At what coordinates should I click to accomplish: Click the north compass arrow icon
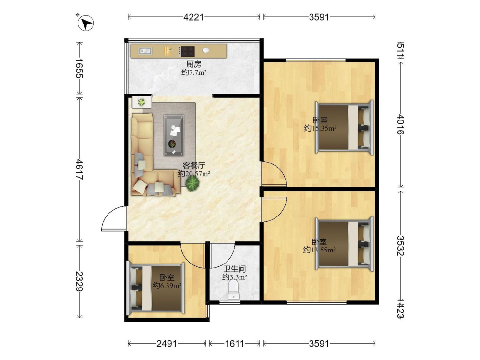click(x=85, y=23)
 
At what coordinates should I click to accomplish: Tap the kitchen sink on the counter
click(x=145, y=51)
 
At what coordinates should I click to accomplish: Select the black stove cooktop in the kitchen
click(x=187, y=51)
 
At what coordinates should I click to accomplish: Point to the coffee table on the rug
click(x=174, y=135)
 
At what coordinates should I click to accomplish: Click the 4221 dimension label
click(x=193, y=17)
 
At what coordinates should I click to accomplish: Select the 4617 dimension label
click(x=79, y=169)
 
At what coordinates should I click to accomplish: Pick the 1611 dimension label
click(x=235, y=344)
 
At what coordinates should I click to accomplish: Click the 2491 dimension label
click(x=167, y=344)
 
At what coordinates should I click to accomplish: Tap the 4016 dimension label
click(x=400, y=124)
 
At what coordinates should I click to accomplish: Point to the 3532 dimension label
click(x=400, y=245)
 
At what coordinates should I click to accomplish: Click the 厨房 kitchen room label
click(x=194, y=64)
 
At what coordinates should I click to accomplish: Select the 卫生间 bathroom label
click(x=235, y=269)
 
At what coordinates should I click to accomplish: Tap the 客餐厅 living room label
click(x=194, y=166)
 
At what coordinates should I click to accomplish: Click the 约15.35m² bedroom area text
click(x=320, y=128)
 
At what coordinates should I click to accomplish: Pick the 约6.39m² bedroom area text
click(x=167, y=286)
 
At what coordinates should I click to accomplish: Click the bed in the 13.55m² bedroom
click(x=345, y=244)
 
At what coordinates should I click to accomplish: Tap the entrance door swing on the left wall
click(x=114, y=218)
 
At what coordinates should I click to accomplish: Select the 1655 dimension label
click(x=79, y=68)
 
